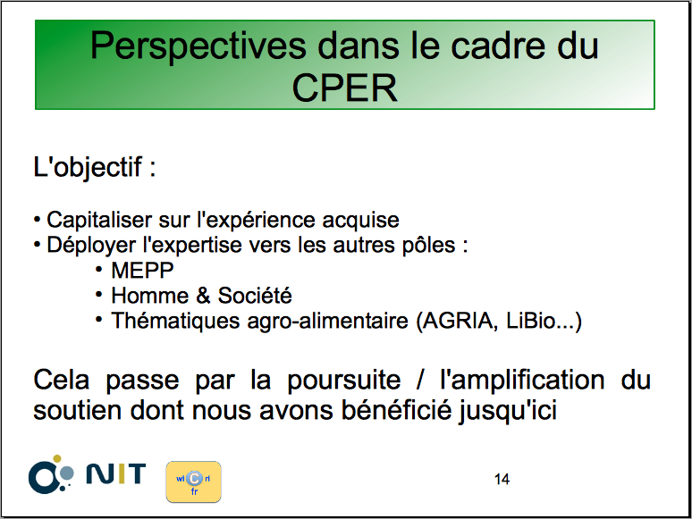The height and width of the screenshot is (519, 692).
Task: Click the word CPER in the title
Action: (345, 88)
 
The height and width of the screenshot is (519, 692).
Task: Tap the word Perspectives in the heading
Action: (198, 46)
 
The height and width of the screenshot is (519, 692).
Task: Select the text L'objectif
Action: (88, 168)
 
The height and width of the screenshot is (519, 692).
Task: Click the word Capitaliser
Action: (99, 220)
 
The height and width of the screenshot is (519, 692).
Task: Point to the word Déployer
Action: (91, 245)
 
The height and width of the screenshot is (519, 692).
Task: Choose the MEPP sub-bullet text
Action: (142, 271)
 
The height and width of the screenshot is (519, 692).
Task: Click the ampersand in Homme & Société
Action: (203, 296)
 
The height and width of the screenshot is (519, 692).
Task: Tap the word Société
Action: (255, 295)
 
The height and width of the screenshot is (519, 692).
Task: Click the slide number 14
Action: (502, 480)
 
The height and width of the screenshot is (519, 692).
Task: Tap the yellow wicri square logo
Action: (193, 482)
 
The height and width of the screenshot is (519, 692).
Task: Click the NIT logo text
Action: (115, 473)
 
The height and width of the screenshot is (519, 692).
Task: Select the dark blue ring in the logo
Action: (43, 478)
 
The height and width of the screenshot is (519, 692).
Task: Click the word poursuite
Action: (344, 381)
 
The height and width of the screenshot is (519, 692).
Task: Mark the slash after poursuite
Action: (420, 380)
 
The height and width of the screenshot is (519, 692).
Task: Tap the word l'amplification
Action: (522, 380)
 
